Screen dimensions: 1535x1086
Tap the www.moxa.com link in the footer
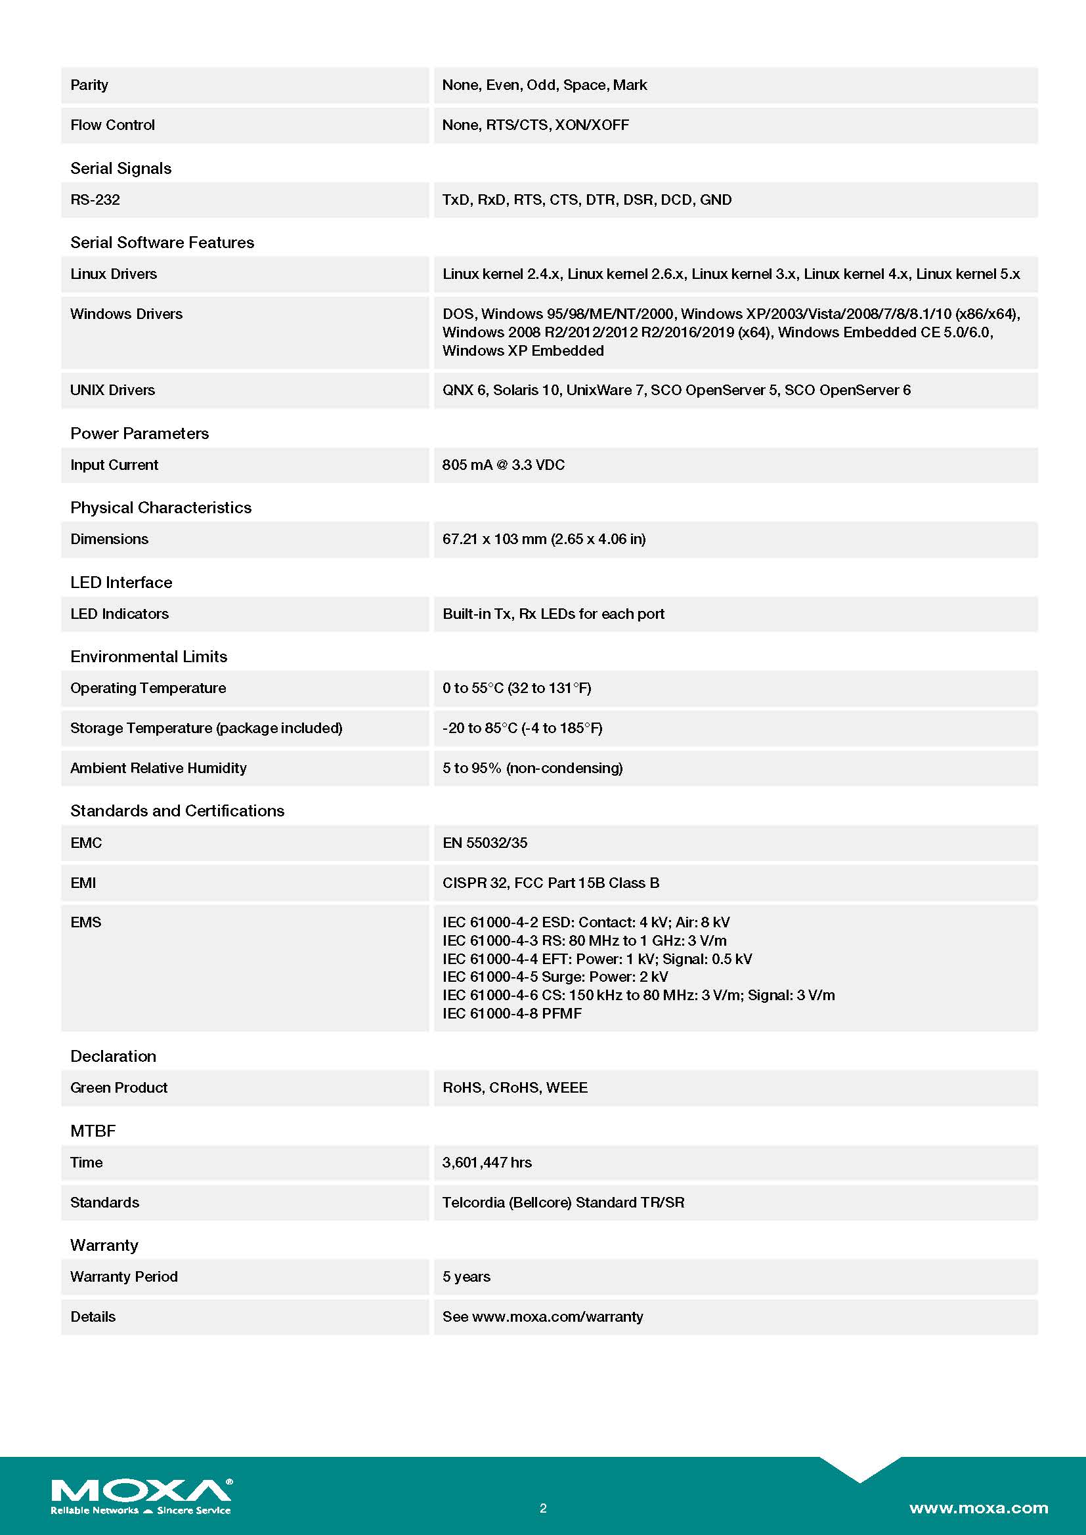(x=978, y=1507)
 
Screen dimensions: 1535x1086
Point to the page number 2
(x=543, y=1508)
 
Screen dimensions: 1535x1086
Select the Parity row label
(x=89, y=85)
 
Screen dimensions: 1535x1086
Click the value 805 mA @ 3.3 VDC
(x=503, y=465)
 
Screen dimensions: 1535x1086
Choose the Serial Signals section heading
(x=120, y=169)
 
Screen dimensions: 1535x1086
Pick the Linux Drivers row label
(x=114, y=274)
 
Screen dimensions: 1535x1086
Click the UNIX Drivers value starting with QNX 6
(x=676, y=390)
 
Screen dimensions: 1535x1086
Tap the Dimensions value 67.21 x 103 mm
(x=544, y=539)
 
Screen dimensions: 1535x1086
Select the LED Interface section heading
(x=121, y=582)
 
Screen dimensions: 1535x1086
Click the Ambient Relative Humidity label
(x=158, y=768)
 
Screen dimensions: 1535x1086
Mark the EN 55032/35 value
(x=485, y=843)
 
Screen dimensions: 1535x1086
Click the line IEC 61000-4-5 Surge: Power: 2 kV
(x=555, y=977)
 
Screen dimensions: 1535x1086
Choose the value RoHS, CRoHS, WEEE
(x=515, y=1087)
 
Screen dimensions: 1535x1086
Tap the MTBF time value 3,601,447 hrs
(x=487, y=1163)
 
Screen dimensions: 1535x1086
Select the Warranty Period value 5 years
(x=466, y=1277)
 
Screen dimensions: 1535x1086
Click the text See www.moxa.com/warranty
(x=542, y=1317)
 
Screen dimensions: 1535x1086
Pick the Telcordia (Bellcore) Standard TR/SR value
(x=563, y=1203)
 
